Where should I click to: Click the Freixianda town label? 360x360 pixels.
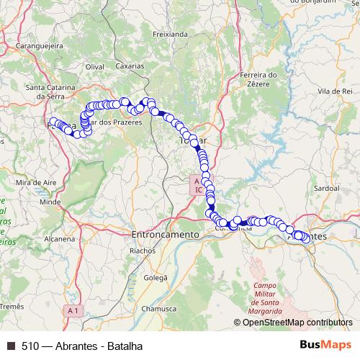click(x=170, y=34)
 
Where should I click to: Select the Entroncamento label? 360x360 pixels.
click(x=165, y=235)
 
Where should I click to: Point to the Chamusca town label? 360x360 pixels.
click(x=158, y=308)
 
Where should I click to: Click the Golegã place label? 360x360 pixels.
click(x=156, y=277)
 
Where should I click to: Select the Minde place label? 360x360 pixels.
click(x=50, y=202)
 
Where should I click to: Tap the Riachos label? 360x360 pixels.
click(x=142, y=251)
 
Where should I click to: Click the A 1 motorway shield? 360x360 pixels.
click(x=72, y=310)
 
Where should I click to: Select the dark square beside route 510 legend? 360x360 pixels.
click(x=11, y=346)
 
